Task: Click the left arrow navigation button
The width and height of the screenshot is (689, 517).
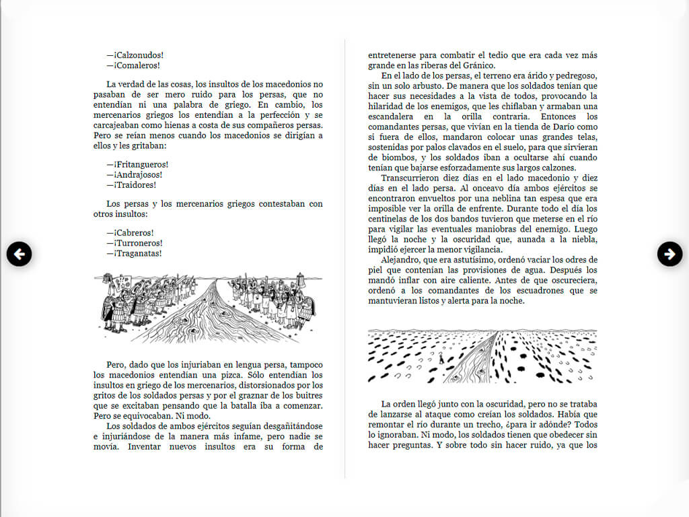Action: point(20,254)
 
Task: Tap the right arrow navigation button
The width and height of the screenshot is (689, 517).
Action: point(669,254)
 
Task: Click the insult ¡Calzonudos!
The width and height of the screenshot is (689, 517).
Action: point(139,55)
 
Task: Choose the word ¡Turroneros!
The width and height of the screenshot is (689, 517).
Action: point(138,243)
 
